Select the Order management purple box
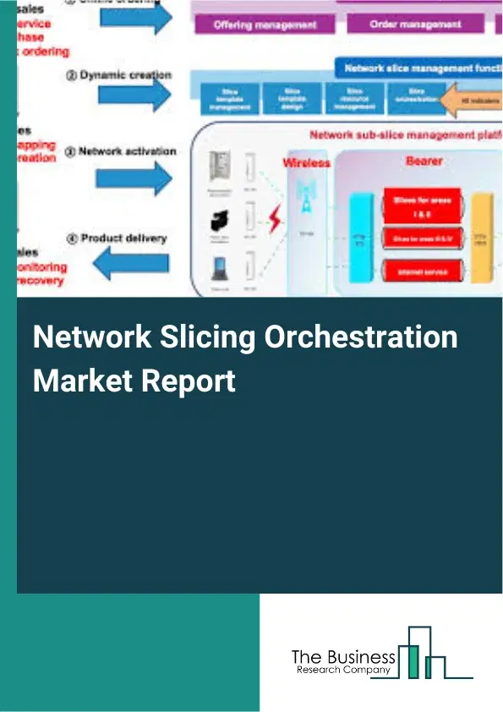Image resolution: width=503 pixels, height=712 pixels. pos(417,25)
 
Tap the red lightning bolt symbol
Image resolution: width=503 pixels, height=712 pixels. pos(275,222)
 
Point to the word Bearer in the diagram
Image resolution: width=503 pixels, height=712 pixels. pos(424,160)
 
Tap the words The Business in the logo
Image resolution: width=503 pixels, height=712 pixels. pos(342,657)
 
